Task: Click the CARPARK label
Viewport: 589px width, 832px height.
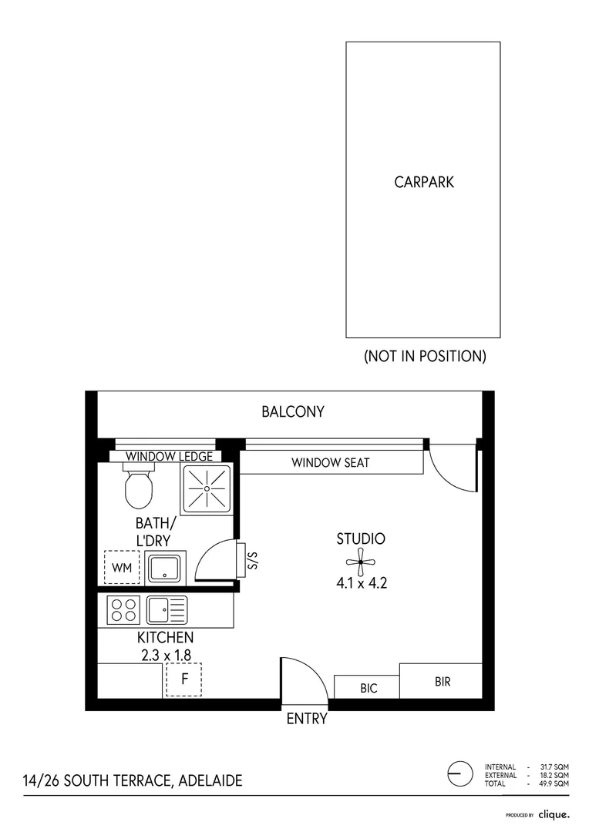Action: [x=423, y=183]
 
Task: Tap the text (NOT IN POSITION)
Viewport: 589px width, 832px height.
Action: [x=424, y=357]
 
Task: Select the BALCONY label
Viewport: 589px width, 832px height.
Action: [x=292, y=412]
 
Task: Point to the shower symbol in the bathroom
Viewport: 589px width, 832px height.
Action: [x=206, y=488]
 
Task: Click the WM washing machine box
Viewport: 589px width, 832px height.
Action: [x=122, y=568]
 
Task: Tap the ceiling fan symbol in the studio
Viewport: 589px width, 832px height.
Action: [x=360, y=561]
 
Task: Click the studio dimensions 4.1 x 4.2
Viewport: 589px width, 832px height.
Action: [x=361, y=583]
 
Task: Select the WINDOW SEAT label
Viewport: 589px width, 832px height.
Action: [x=330, y=463]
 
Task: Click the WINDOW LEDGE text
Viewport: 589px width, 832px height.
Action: [x=169, y=457]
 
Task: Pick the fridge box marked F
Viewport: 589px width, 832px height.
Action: [x=183, y=679]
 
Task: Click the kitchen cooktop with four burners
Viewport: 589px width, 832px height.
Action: [x=123, y=610]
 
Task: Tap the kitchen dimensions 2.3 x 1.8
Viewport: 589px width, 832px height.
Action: [x=165, y=656]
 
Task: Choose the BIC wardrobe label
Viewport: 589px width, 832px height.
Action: [x=369, y=688]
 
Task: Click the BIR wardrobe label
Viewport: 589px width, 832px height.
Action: [x=443, y=682]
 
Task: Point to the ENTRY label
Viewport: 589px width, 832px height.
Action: [x=307, y=720]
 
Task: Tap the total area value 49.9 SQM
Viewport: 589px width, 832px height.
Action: [x=554, y=783]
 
